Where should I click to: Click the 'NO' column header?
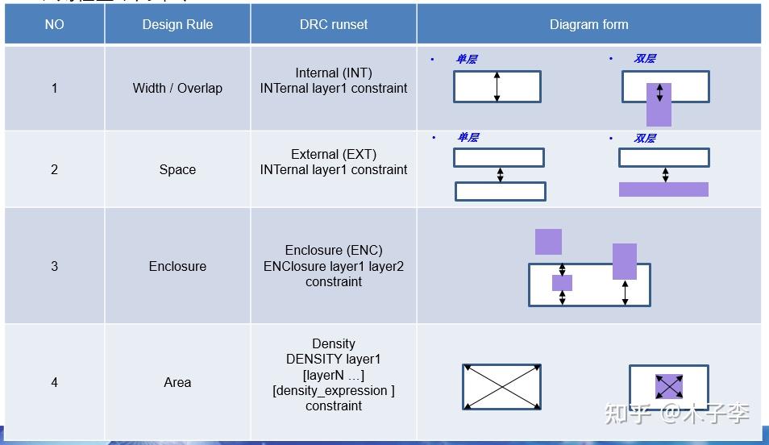[54, 24]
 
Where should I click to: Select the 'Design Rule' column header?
[177, 24]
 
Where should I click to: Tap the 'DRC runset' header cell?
[333, 24]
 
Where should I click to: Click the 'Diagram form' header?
[588, 24]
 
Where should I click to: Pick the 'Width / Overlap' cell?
[177, 88]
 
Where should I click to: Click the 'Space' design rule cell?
[177, 169]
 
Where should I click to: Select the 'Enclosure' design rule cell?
[177, 266]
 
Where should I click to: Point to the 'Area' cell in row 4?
[177, 382]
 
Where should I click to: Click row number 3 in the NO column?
[54, 266]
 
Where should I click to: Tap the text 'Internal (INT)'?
[334, 73]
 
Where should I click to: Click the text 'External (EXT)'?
[334, 154]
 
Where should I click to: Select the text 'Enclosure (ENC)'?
[334, 250]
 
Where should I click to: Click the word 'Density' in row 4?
[334, 343]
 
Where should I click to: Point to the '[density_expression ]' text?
[334, 390]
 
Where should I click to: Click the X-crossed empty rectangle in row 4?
[501, 387]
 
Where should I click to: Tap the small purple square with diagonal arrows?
[668, 386]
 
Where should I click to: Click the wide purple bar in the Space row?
[663, 189]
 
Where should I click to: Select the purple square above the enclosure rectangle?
[548, 241]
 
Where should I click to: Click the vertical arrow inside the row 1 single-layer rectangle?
[497, 86]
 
